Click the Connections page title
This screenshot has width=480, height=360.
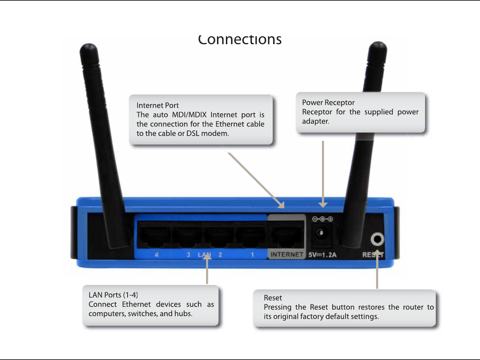pos(240,40)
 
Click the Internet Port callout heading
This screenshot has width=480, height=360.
pos(157,105)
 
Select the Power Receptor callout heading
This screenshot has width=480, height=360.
pos(328,102)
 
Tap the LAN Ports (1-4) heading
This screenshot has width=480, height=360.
pos(113,295)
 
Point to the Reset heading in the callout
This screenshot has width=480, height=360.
pos(273,298)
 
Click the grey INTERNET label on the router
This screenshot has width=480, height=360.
pos(287,255)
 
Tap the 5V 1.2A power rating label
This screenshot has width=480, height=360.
pos(322,255)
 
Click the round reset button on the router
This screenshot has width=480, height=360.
pos(377,239)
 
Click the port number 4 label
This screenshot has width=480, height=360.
pos(156,255)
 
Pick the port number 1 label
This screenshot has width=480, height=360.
pos(252,255)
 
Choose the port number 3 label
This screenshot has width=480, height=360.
pos(188,255)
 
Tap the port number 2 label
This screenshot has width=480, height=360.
pos(220,255)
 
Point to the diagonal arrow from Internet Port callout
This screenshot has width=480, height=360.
pos(255,180)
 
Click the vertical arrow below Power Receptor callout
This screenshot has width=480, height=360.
pos(323,175)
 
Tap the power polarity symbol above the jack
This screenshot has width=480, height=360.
pos(322,219)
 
